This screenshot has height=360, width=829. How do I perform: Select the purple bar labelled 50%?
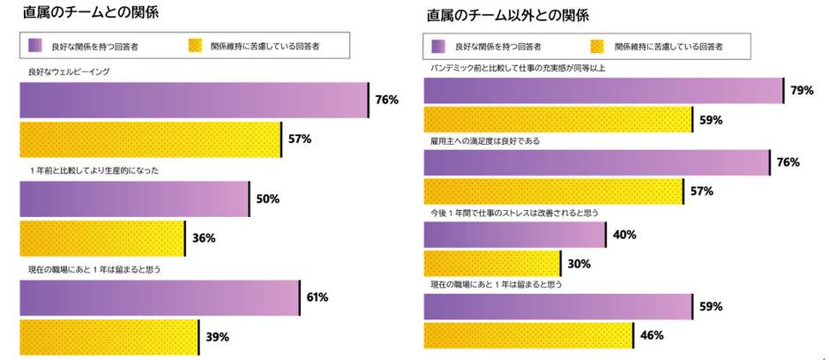134,199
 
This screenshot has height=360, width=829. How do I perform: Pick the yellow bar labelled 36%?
101,237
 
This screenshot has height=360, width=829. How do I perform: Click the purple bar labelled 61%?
160,297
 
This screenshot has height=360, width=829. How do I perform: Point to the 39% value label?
218,336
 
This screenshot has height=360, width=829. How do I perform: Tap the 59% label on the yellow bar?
711,119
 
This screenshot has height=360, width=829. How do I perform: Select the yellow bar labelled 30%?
492,263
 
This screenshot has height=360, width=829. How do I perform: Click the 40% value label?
624,235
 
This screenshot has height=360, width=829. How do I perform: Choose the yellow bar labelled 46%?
528,335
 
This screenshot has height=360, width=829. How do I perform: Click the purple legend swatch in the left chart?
35,44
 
